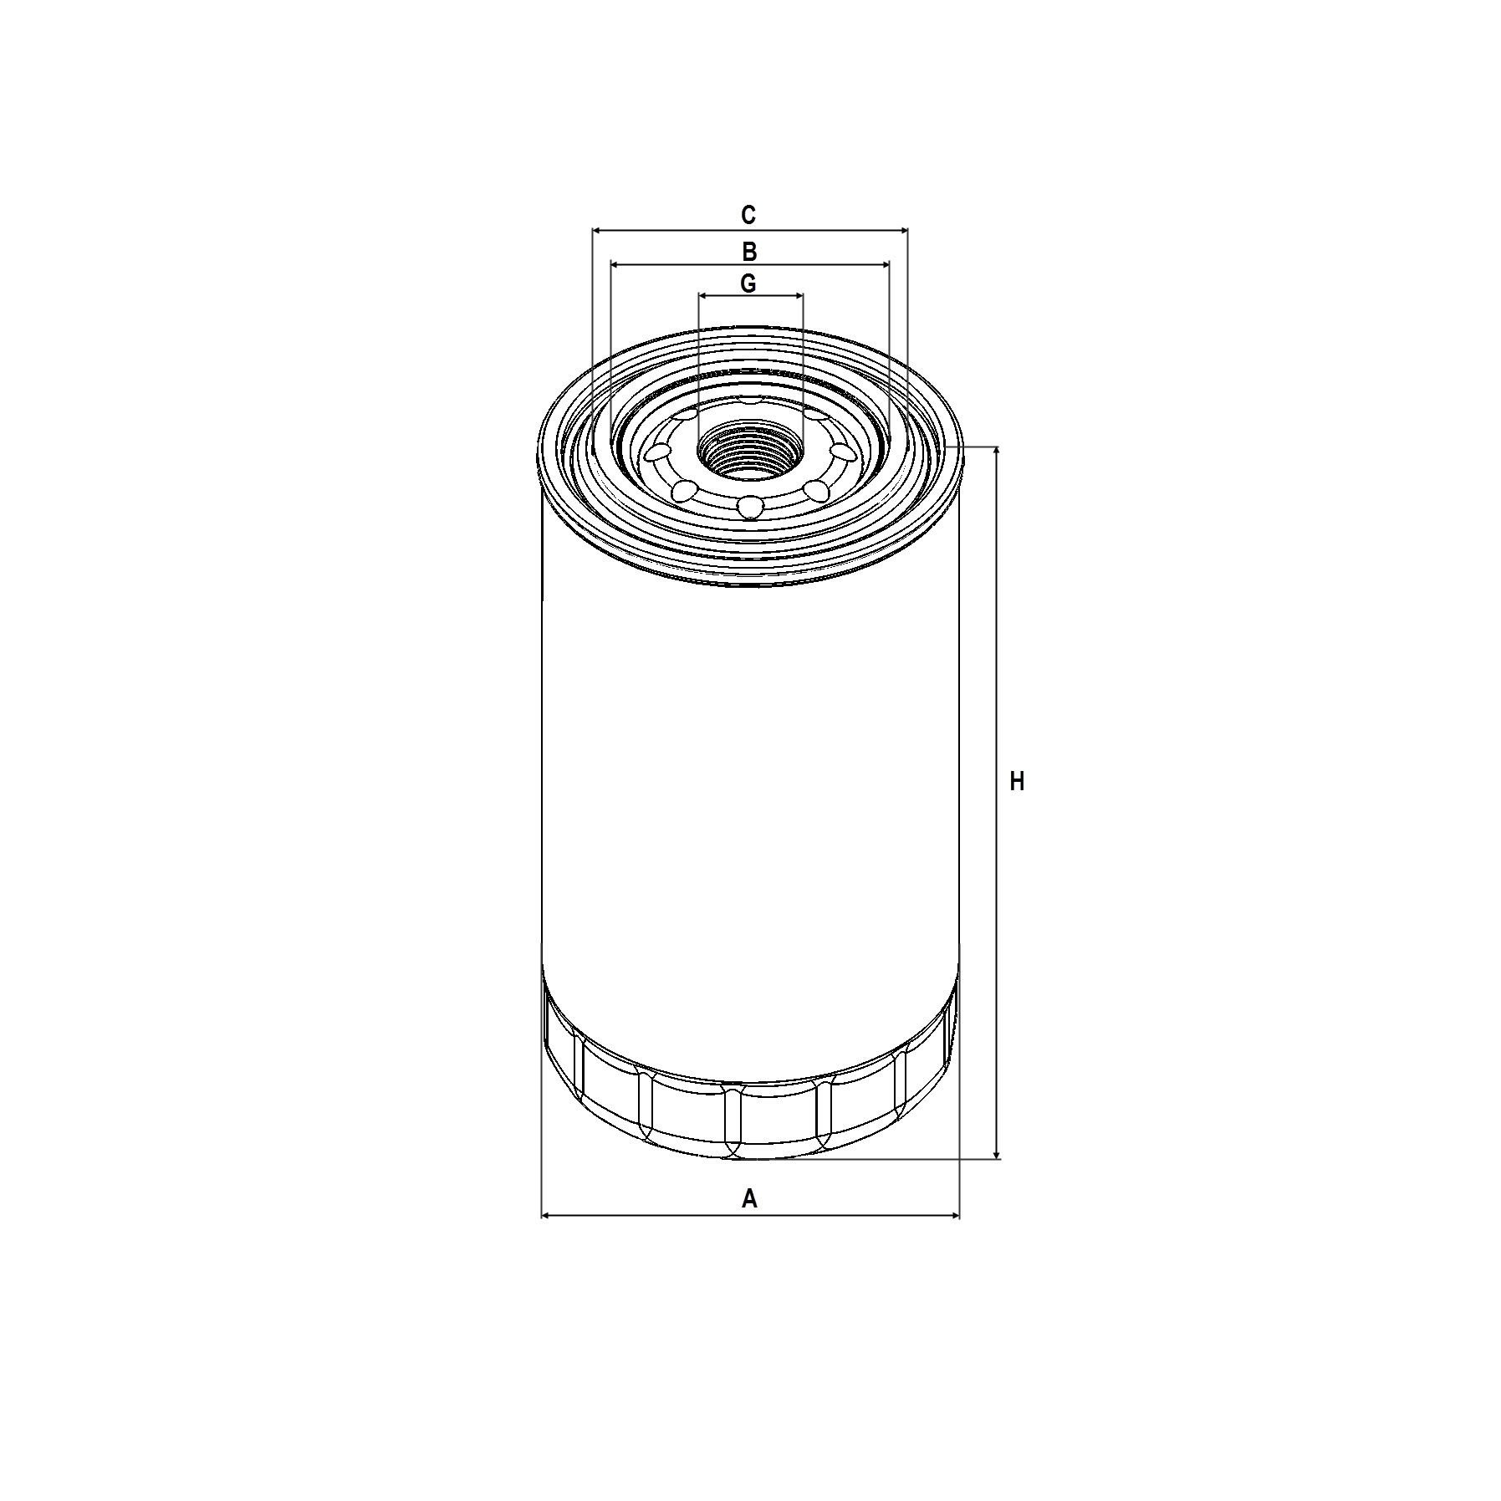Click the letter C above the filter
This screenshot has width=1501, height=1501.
(x=748, y=215)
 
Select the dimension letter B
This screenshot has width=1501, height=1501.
(x=749, y=251)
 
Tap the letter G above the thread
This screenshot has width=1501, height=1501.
(x=748, y=283)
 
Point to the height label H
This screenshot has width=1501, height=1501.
(x=1017, y=782)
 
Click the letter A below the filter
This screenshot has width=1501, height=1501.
(x=749, y=1198)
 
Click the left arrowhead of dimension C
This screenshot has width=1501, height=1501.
(x=597, y=230)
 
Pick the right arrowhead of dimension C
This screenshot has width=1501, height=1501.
(x=902, y=230)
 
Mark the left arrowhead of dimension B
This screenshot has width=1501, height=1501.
(x=615, y=264)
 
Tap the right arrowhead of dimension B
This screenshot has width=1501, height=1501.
(x=884, y=264)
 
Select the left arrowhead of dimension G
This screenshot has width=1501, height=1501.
(x=703, y=295)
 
